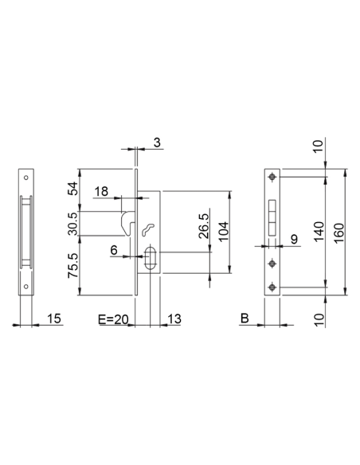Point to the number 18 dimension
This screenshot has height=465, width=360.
(x=102, y=192)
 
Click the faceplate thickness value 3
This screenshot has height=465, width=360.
(x=157, y=143)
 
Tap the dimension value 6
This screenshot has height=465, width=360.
(x=114, y=249)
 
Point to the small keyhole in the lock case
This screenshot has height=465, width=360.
(x=147, y=230)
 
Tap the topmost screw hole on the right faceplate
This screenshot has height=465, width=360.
(x=273, y=176)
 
